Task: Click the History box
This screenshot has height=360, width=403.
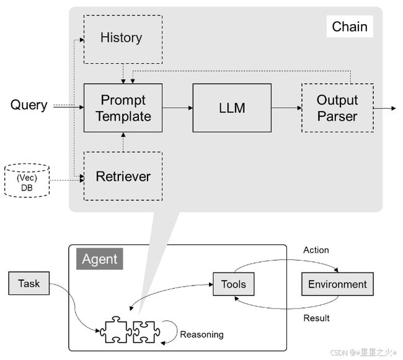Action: pyautogui.click(x=123, y=39)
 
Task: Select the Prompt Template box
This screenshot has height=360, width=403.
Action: pyautogui.click(x=123, y=108)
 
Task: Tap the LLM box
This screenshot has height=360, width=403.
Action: pyautogui.click(x=232, y=108)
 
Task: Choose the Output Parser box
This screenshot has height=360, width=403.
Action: pyautogui.click(x=337, y=108)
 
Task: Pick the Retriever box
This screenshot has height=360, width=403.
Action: pyautogui.click(x=123, y=176)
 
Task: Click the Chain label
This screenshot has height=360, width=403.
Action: pyautogui.click(x=350, y=27)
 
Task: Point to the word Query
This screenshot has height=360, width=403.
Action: pyautogui.click(x=29, y=106)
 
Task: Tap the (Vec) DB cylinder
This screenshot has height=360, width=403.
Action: pyautogui.click(x=27, y=181)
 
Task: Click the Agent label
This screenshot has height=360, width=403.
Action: pyautogui.click(x=100, y=259)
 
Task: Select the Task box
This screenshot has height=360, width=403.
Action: pyautogui.click(x=29, y=283)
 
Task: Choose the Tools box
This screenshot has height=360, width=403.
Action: pyautogui.click(x=234, y=284)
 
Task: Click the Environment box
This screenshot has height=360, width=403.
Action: pyautogui.click(x=337, y=284)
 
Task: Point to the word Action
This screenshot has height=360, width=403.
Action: pyautogui.click(x=316, y=250)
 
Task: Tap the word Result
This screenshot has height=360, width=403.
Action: pyautogui.click(x=316, y=318)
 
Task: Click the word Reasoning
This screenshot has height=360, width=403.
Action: pyautogui.click(x=201, y=335)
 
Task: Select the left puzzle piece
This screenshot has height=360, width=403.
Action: pyautogui.click(x=116, y=330)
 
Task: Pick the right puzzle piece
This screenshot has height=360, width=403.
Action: pyautogui.click(x=146, y=332)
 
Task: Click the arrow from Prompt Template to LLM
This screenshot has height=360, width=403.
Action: pyautogui.click(x=177, y=108)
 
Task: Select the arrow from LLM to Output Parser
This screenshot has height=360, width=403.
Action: pyautogui.click(x=286, y=108)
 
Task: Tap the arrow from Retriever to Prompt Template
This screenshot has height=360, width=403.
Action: pyautogui.click(x=123, y=142)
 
